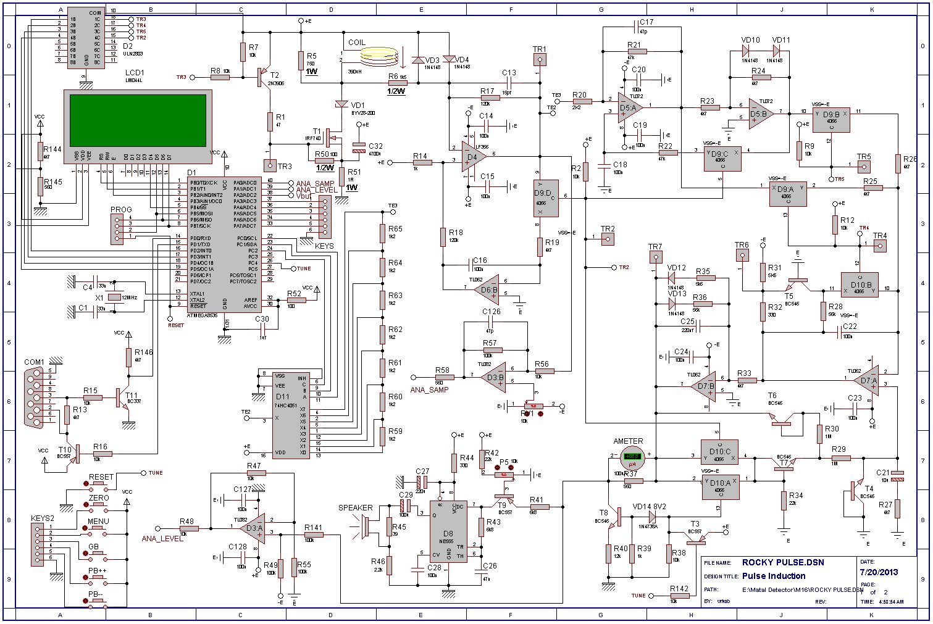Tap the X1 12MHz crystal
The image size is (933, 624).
point(115,297)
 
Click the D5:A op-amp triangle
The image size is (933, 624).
point(629,107)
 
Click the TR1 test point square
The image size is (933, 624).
point(540,60)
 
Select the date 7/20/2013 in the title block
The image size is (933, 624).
point(879,572)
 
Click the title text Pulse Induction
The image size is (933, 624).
point(774,576)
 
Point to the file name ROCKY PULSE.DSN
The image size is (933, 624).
point(783,562)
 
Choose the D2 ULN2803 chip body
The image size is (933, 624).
point(86,37)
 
